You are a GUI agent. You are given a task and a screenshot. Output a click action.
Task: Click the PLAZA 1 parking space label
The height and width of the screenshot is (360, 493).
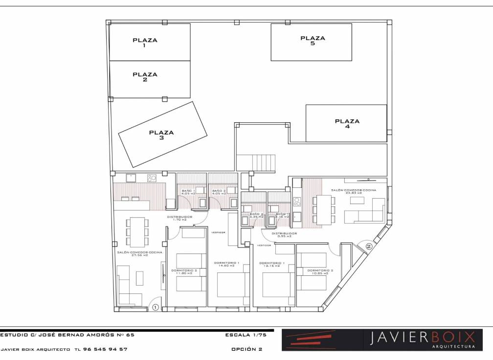[145, 43]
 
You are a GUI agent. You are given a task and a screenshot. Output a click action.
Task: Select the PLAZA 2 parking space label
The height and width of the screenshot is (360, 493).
[145, 77]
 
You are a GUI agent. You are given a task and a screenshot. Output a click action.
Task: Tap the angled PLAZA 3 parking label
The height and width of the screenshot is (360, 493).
[161, 135]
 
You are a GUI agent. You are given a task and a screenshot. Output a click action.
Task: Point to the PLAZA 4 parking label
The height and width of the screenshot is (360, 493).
[347, 124]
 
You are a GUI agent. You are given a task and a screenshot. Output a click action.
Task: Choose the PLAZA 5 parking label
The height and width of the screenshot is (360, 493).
[313, 41]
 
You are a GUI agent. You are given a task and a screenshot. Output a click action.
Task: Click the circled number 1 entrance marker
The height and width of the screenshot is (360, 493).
[155, 307]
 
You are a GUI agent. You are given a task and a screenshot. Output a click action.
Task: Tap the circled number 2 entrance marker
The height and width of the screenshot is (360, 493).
[369, 247]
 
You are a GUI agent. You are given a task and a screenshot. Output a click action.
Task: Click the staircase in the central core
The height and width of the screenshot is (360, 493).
[256, 162]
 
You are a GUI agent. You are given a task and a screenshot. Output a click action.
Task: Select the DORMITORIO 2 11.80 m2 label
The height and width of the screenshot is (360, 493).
[184, 271]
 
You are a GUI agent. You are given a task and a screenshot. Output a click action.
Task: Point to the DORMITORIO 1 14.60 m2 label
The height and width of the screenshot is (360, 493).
[226, 264]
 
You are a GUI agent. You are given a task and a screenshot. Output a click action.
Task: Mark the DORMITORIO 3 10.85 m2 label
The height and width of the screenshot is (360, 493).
[320, 271]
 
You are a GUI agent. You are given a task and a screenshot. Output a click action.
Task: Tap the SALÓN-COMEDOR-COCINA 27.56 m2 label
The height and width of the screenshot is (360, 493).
[139, 253]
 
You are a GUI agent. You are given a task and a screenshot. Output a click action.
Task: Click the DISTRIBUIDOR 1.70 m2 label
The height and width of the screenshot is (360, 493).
[179, 218]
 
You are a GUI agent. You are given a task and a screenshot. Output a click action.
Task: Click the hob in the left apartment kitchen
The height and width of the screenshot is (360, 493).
[152, 178]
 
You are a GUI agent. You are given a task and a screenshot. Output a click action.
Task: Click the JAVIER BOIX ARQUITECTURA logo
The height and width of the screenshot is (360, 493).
[382, 340]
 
